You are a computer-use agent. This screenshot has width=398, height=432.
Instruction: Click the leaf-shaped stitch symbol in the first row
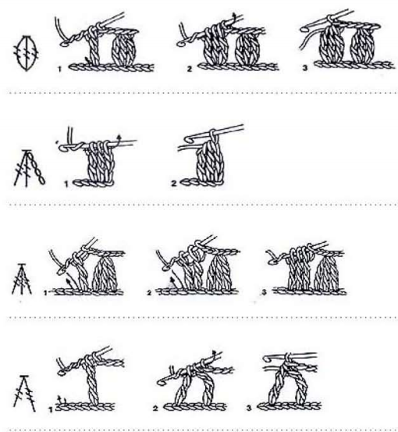coord(27,53)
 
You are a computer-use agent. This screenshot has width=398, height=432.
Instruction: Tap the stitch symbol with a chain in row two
coord(29,168)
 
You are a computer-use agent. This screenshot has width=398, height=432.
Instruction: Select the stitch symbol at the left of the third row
coord(22,280)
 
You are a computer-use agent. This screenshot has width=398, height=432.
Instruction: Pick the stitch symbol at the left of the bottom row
coord(24,393)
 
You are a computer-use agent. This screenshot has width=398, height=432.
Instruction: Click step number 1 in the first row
coord(59,70)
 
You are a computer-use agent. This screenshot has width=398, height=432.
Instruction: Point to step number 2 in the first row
coord(190,69)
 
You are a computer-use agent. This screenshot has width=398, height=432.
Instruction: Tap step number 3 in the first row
coord(304,67)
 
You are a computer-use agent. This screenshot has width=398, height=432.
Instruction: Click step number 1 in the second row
coord(66,184)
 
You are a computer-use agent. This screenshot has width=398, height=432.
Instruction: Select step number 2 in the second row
coord(174,184)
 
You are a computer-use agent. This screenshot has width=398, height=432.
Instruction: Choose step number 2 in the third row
coord(149,293)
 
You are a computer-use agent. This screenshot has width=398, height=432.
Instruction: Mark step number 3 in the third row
coord(265,292)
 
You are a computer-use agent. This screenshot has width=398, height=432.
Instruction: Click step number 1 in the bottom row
coord(51,410)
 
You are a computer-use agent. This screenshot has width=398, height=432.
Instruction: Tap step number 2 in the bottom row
coord(155,409)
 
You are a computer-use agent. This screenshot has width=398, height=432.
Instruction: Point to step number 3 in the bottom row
coord(249,408)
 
